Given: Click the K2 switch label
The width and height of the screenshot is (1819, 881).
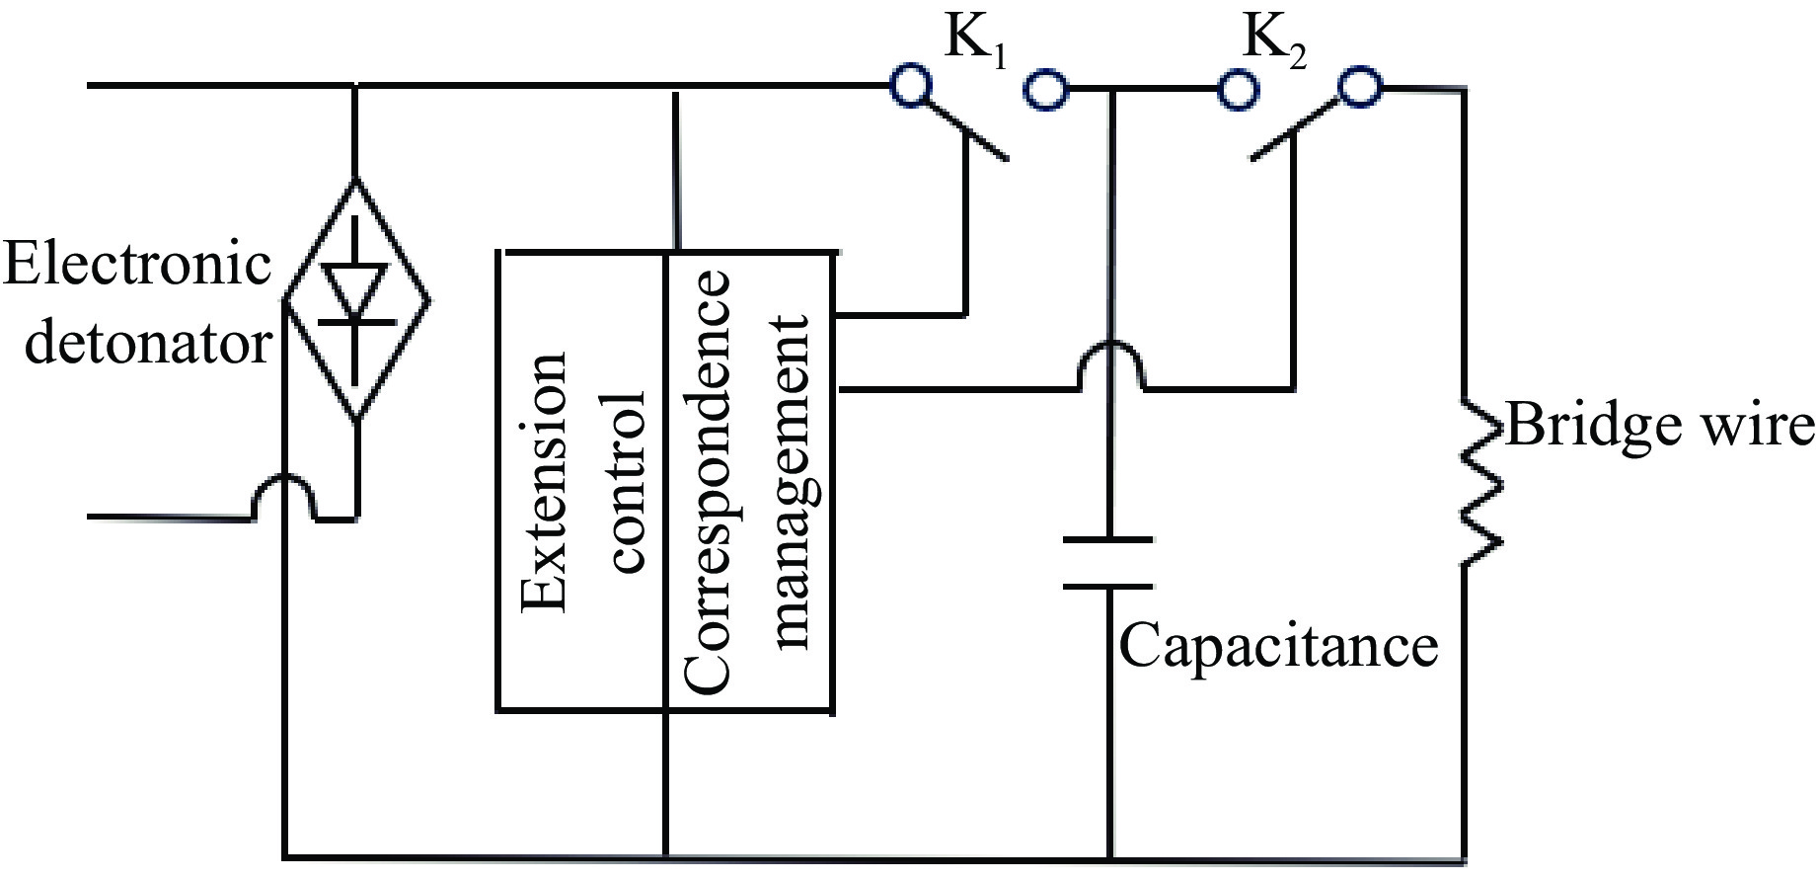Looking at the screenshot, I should pos(1274,42).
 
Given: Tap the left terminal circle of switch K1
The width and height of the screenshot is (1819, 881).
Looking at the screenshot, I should pos(910,86).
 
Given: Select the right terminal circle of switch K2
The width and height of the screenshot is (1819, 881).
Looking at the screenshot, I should pos(1361,88).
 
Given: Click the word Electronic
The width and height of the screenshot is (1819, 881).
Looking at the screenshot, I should pos(137,265).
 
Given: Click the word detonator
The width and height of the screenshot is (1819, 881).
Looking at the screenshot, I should pos(147,344).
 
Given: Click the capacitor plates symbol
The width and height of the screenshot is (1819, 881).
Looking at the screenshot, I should pos(1108,564).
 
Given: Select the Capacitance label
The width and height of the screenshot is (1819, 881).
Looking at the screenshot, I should pos(1278,645).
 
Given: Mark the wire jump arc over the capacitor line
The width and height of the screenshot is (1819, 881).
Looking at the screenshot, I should pos(1112,363).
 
